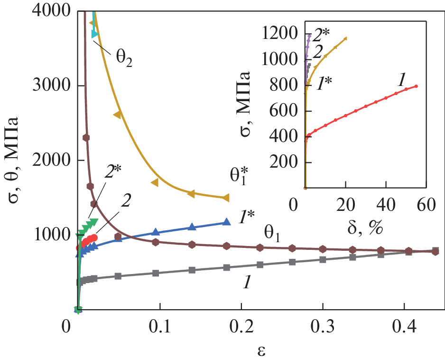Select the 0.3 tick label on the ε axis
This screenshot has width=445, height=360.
323,329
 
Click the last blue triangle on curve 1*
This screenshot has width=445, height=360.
227,221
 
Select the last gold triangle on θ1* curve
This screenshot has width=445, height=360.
226,198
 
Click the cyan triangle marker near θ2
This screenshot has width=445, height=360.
95,34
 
